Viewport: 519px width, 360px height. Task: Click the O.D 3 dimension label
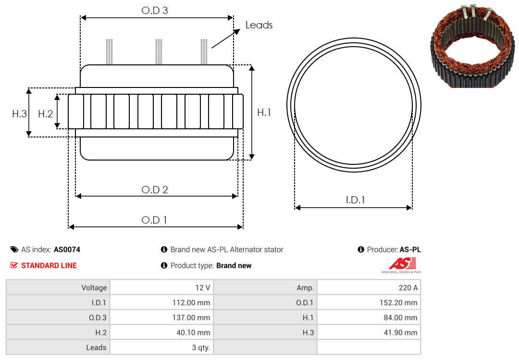[155, 11]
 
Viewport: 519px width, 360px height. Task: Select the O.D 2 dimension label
[155, 190]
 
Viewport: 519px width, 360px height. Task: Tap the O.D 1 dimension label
[154, 220]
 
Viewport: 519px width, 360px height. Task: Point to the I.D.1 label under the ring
[355, 200]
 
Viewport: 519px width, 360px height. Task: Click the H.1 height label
[264, 112]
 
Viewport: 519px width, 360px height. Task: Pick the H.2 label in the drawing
[45, 114]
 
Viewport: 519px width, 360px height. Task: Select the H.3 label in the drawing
[19, 114]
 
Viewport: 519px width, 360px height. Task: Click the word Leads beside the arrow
[259, 25]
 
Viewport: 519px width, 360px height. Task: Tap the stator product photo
[472, 46]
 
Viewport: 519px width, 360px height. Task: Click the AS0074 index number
[67, 250]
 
